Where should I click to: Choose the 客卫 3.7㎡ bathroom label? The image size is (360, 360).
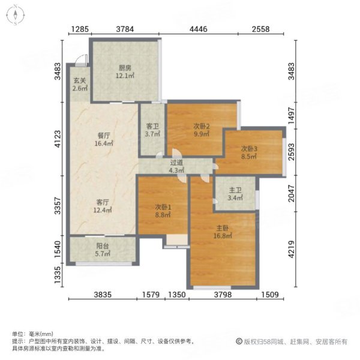(152, 130)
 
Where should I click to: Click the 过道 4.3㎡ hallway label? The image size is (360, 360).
(176, 166)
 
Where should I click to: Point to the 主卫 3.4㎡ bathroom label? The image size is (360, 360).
(235, 195)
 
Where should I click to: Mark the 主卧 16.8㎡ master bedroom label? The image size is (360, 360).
(223, 232)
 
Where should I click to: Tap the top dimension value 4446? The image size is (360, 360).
(199, 29)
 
